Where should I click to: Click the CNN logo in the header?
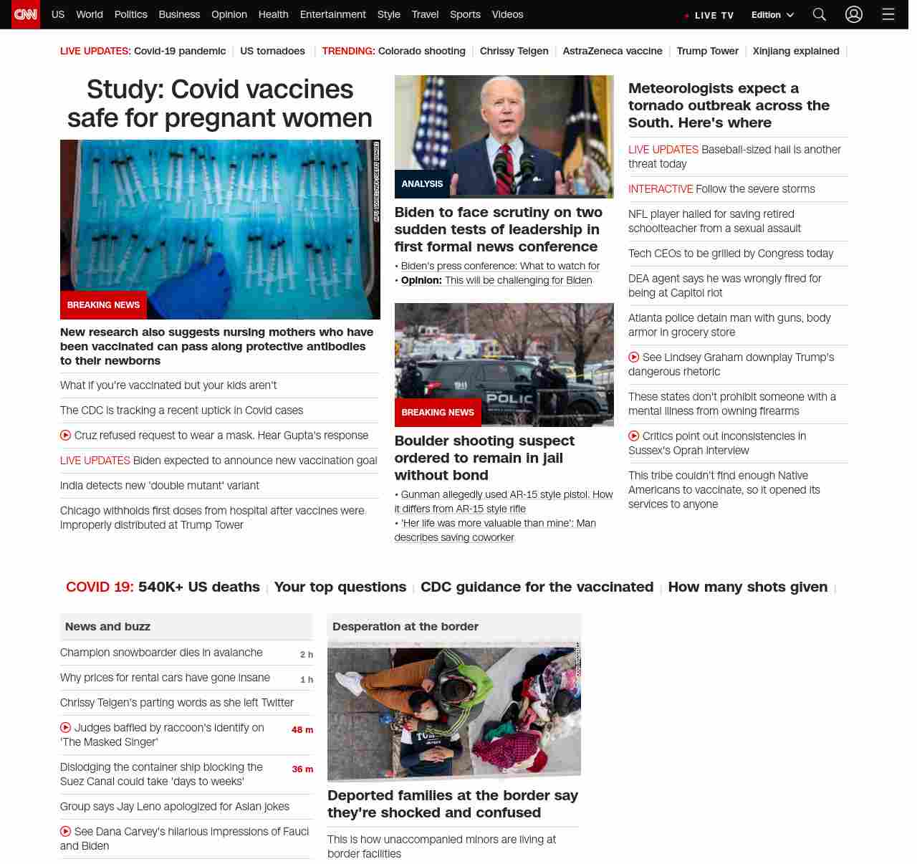(x=26, y=14)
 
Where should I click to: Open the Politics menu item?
(x=130, y=14)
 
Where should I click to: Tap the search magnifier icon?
(x=819, y=14)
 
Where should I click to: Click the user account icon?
(x=853, y=14)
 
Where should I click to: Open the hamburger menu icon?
(x=888, y=14)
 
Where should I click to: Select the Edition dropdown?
(x=772, y=15)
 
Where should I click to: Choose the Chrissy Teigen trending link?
(x=514, y=51)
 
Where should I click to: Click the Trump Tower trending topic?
(x=707, y=51)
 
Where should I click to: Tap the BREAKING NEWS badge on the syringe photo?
(x=103, y=305)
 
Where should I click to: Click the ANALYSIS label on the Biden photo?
(x=422, y=184)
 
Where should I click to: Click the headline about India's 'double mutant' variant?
(x=160, y=486)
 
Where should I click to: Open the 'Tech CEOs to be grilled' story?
(x=730, y=254)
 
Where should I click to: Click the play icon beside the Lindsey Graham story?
(x=634, y=357)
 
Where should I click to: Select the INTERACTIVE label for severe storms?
(x=660, y=189)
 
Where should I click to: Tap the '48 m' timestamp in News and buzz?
(x=302, y=730)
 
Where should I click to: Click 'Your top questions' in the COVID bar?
(x=340, y=587)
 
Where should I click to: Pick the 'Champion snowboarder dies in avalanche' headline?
(x=161, y=653)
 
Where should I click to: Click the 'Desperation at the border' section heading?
(x=405, y=626)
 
